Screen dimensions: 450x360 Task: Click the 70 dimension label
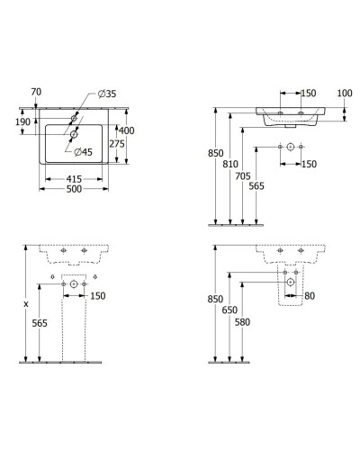[37, 91]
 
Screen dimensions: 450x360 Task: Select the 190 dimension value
[22, 121]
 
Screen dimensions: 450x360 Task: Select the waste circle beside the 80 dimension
[291, 283]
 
